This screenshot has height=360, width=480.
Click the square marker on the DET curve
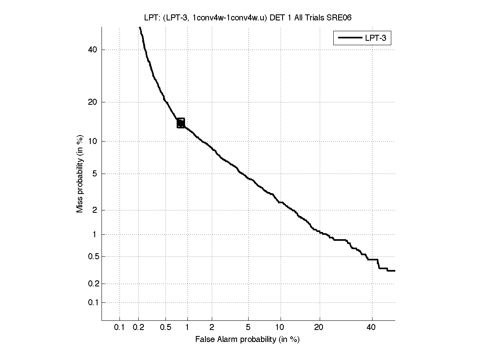(x=181, y=123)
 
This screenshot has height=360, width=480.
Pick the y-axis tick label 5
(x=95, y=174)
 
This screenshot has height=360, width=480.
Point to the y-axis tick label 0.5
(x=92, y=256)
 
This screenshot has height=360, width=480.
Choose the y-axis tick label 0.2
(x=92, y=284)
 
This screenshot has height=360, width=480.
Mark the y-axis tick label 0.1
(x=92, y=302)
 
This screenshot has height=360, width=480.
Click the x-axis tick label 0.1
(x=119, y=328)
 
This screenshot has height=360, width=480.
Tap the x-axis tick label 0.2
(x=139, y=328)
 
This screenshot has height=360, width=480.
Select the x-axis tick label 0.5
(x=165, y=328)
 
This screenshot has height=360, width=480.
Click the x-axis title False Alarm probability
(x=247, y=340)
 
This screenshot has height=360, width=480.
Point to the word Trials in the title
(x=315, y=17)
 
